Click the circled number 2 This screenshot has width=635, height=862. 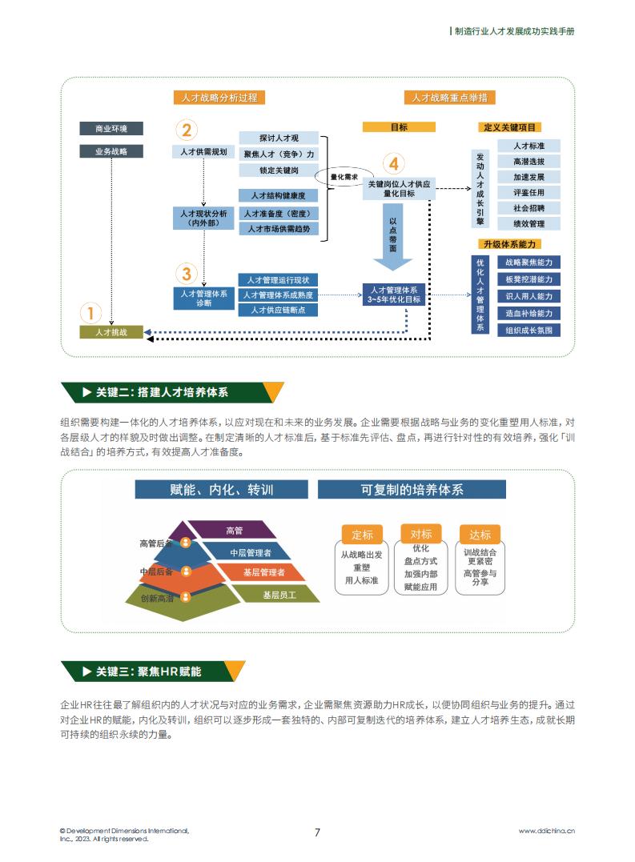tap(187, 130)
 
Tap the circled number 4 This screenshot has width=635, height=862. tap(394, 164)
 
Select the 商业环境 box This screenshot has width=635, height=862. tap(111, 129)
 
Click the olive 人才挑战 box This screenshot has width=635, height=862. tap(111, 332)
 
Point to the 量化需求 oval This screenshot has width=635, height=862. tap(344, 177)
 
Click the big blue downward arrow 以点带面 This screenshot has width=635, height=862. tap(393, 236)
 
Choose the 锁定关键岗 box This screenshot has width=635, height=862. tap(279, 170)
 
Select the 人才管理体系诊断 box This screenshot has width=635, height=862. tap(204, 298)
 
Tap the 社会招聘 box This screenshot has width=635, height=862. tap(528, 208)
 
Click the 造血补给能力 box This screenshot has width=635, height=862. tap(528, 314)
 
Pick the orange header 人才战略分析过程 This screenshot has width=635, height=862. tap(219, 98)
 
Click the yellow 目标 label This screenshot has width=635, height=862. tap(399, 127)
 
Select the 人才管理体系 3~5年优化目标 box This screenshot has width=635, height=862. tap(394, 295)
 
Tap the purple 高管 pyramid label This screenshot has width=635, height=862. tap(234, 530)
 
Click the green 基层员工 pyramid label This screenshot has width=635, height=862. tap(279, 594)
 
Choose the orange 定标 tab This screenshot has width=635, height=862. tap(362, 535)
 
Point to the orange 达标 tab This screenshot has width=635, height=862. tap(480, 535)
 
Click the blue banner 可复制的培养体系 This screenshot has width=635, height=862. tap(412, 489)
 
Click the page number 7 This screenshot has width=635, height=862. tap(317, 832)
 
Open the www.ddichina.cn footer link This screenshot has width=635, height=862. tap(546, 831)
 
